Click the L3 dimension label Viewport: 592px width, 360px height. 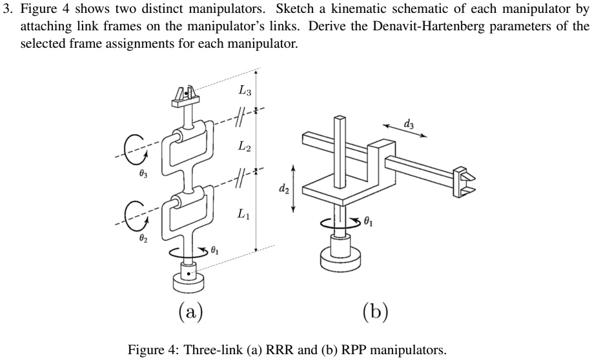pos(243,92)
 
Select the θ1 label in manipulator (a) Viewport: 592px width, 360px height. pos(218,251)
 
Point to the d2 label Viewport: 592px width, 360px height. pos(283,188)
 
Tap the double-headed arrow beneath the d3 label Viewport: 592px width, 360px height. pos(405,131)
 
